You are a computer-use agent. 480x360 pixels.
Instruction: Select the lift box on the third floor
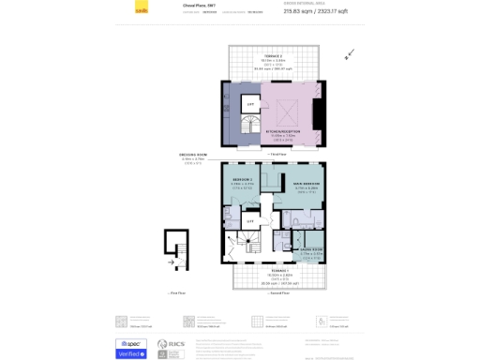(250, 105)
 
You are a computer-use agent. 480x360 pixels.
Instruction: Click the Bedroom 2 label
(243, 182)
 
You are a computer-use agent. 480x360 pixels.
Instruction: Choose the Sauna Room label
(311, 250)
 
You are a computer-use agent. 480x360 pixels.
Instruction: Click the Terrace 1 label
(275, 273)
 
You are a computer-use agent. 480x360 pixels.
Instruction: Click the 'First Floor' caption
(176, 292)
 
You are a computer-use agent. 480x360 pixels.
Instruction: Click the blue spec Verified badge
(131, 348)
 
